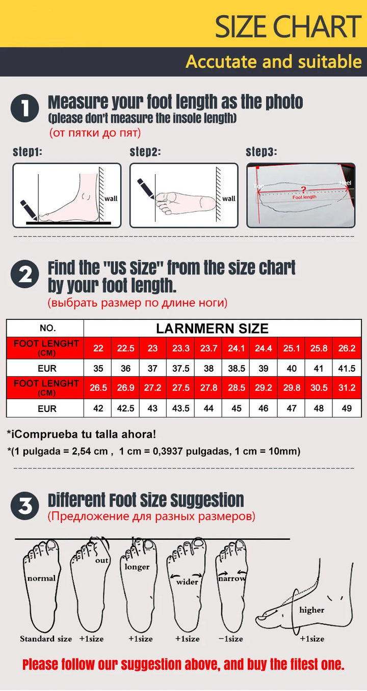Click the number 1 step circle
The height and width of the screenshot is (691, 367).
click(24, 108)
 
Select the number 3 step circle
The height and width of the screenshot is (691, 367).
click(24, 506)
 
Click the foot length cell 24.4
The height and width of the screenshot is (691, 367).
click(264, 348)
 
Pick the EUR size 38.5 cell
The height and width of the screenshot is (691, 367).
click(236, 368)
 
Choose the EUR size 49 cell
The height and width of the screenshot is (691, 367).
click(347, 408)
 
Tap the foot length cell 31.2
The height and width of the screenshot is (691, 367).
click(347, 388)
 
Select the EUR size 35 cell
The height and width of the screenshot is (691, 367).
click(98, 368)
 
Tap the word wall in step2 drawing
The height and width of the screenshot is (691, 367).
click(229, 199)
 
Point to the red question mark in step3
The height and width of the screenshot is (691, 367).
click(304, 190)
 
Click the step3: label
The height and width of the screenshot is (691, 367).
click(261, 152)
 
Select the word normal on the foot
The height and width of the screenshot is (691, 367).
click(41, 578)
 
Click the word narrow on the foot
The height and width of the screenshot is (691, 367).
click(232, 578)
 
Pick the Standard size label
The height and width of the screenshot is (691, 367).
click(46, 639)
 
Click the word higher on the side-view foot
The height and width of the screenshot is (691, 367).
click(312, 610)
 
